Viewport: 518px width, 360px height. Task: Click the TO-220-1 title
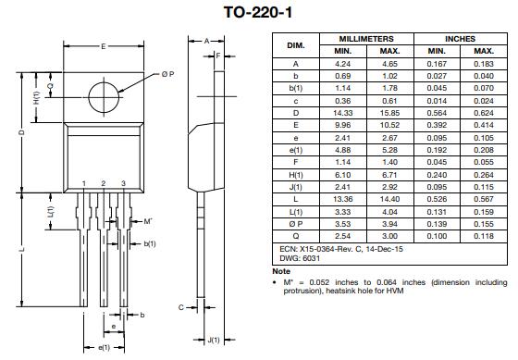click(x=258, y=13)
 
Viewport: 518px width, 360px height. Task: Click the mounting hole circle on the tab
click(x=89, y=97)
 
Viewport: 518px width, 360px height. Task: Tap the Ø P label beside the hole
click(x=167, y=74)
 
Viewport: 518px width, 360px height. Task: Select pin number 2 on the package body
click(x=104, y=183)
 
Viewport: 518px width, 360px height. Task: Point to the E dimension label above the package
click(x=104, y=46)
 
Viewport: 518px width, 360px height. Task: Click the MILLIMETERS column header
click(x=366, y=39)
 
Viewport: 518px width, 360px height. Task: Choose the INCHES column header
click(x=461, y=39)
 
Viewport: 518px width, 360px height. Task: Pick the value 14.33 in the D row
click(x=342, y=113)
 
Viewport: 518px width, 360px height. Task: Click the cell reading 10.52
click(x=389, y=125)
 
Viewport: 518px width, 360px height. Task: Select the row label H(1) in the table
click(x=296, y=175)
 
